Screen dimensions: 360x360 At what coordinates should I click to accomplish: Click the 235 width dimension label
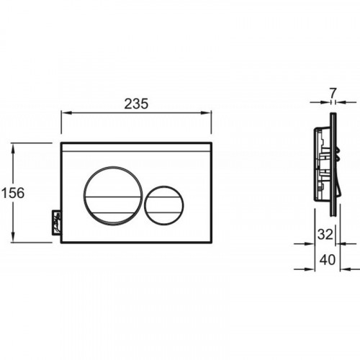click(136, 104)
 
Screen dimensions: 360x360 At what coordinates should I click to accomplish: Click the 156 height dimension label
click(13, 193)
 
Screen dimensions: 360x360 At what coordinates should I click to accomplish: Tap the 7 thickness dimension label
click(333, 93)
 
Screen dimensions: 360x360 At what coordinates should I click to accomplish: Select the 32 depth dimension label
click(325, 234)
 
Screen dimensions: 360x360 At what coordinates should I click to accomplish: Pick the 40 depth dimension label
click(328, 260)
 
